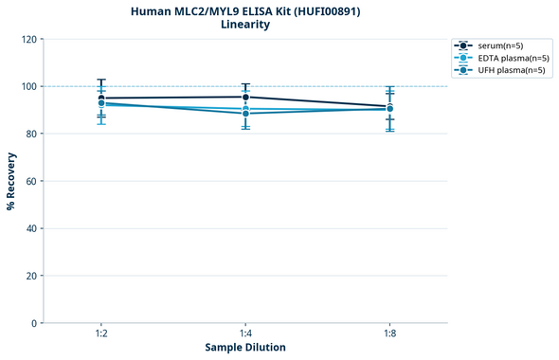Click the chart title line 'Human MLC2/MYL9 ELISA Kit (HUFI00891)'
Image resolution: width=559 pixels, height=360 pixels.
coord(245,10)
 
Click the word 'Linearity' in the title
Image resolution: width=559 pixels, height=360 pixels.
coord(245,25)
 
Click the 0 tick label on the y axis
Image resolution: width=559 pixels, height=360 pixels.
coord(33,323)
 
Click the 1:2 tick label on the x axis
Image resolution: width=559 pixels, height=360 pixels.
coord(101,334)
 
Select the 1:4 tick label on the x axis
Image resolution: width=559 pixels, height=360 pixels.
coord(245,334)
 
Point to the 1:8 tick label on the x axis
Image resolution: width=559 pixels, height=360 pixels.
coord(389,334)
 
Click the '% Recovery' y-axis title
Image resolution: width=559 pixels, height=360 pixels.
coord(11,180)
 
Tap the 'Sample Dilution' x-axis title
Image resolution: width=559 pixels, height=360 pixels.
coord(245,348)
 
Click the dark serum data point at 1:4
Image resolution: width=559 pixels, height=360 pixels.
coord(245,97)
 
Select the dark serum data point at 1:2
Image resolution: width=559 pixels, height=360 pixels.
coord(101,99)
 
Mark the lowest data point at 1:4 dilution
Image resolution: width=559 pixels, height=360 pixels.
coord(245,114)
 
